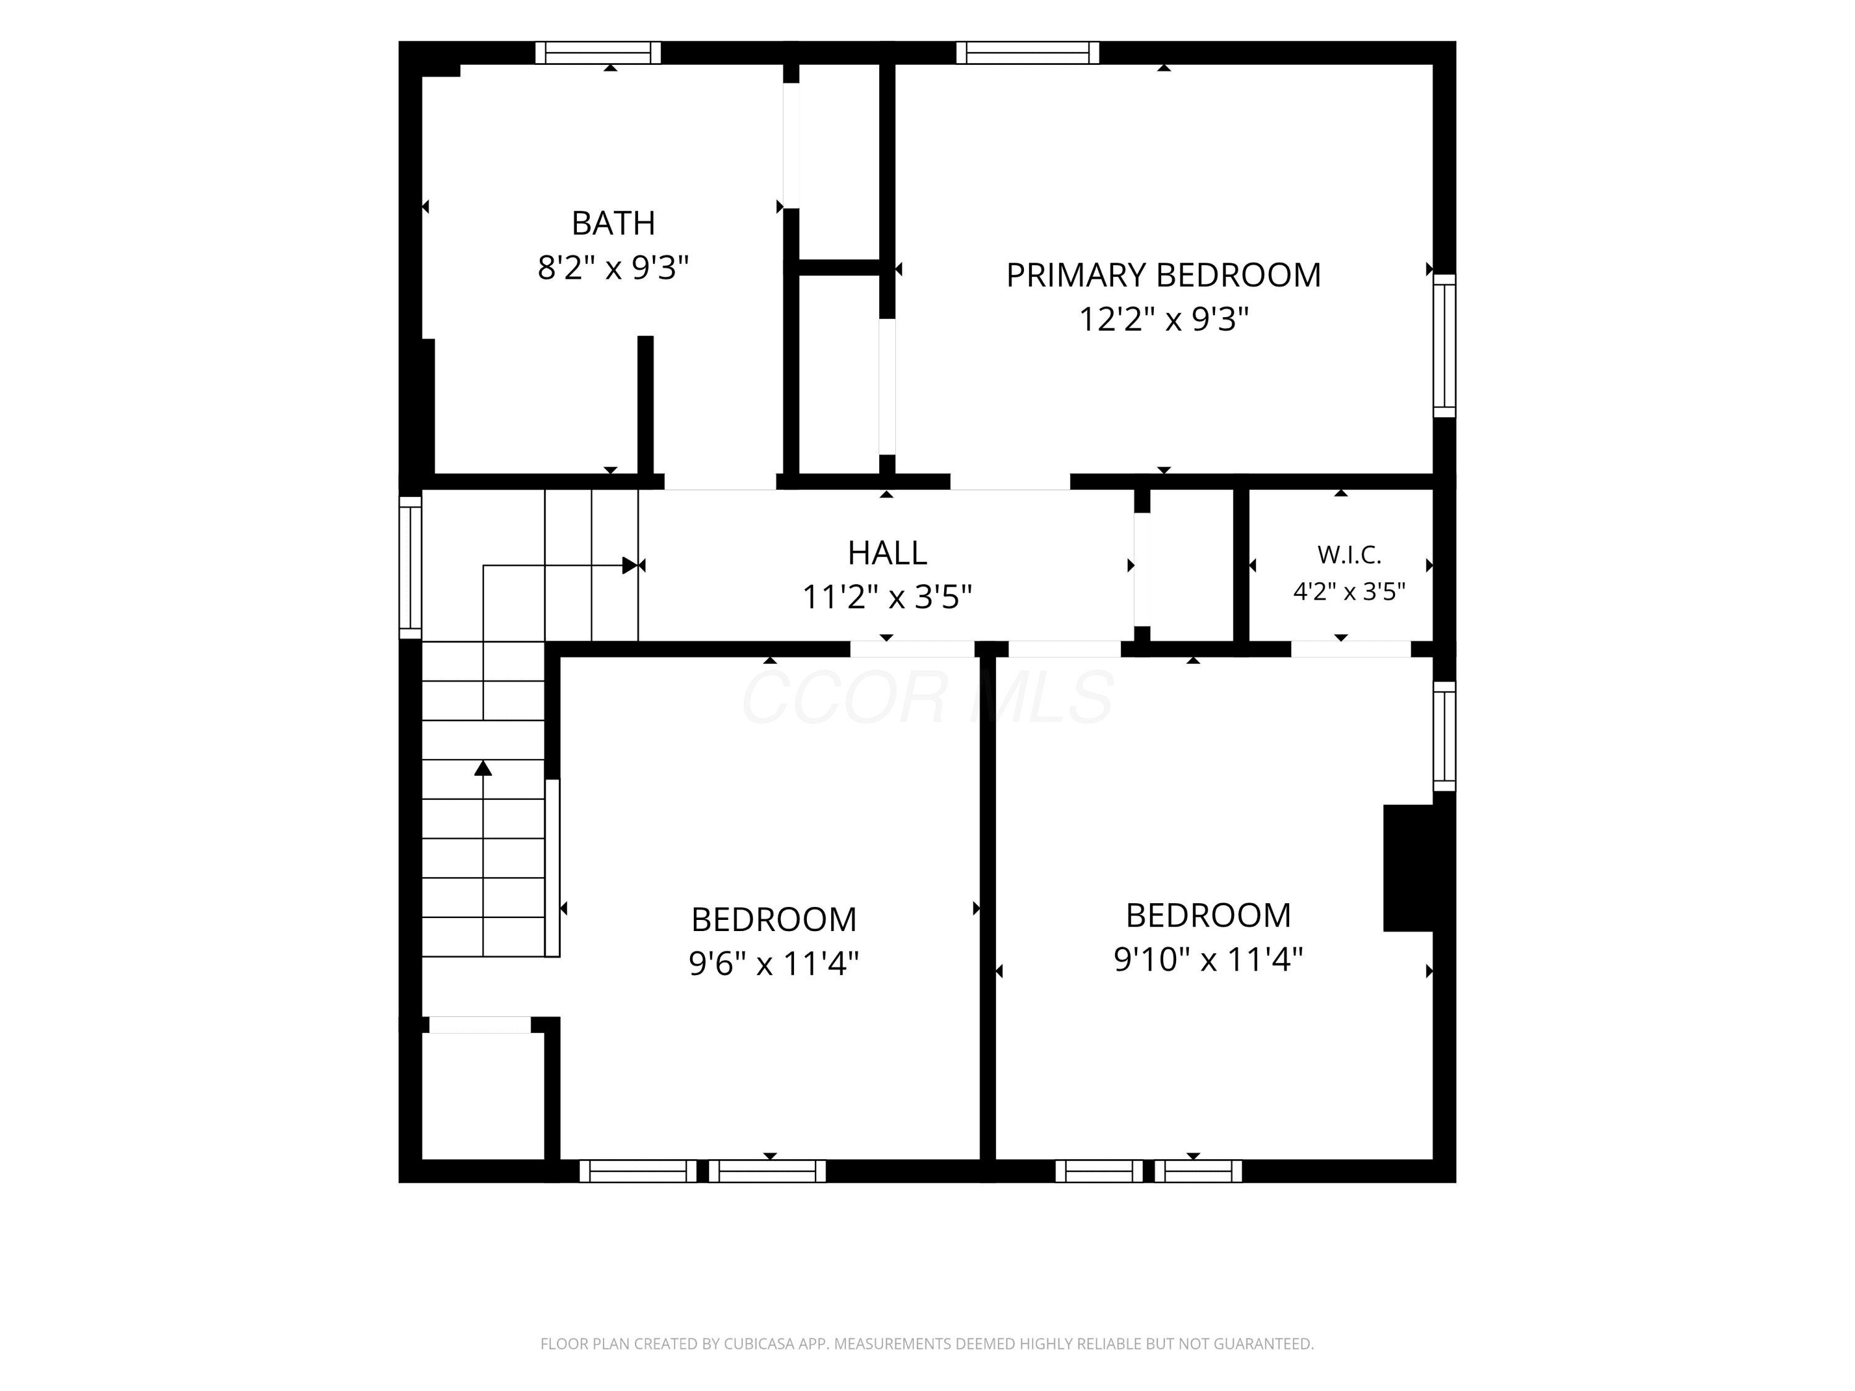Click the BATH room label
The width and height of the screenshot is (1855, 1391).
613,223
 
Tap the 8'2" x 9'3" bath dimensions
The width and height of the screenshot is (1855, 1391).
613,268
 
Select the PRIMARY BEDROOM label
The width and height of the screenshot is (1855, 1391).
1163,275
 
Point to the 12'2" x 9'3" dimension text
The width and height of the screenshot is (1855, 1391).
1163,320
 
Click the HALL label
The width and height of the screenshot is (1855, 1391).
887,553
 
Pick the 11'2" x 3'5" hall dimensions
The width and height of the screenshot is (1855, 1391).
887,597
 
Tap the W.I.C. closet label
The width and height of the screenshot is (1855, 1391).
1349,554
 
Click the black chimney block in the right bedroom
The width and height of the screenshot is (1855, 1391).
1408,868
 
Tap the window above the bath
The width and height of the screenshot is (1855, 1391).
598,53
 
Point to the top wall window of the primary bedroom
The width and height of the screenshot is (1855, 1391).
1027,53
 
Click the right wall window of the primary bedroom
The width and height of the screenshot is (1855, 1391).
1444,346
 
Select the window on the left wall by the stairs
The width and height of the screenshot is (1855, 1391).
410,568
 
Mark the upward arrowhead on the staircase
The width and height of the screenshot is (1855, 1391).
483,767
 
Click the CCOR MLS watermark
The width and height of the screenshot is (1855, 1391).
927,697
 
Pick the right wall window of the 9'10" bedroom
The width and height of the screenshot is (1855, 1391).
1444,736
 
